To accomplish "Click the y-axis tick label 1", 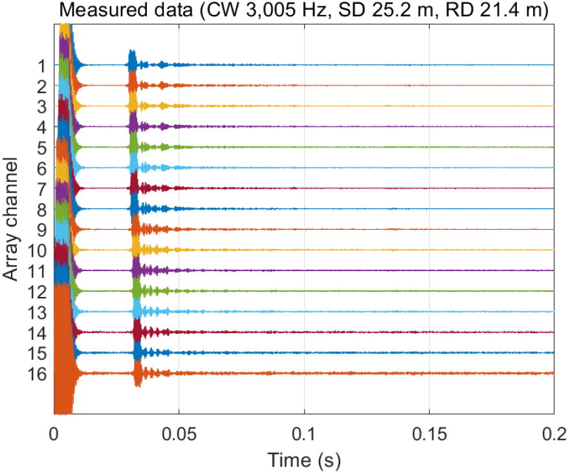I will point(41,65).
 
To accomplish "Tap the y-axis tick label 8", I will point(41,210).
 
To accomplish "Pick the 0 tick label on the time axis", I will point(55,432).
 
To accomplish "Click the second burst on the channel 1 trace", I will point(133,63).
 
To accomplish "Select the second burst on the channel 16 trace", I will point(138,373).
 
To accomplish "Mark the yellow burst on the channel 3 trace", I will point(133,105).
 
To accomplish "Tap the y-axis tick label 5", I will point(41,148).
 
